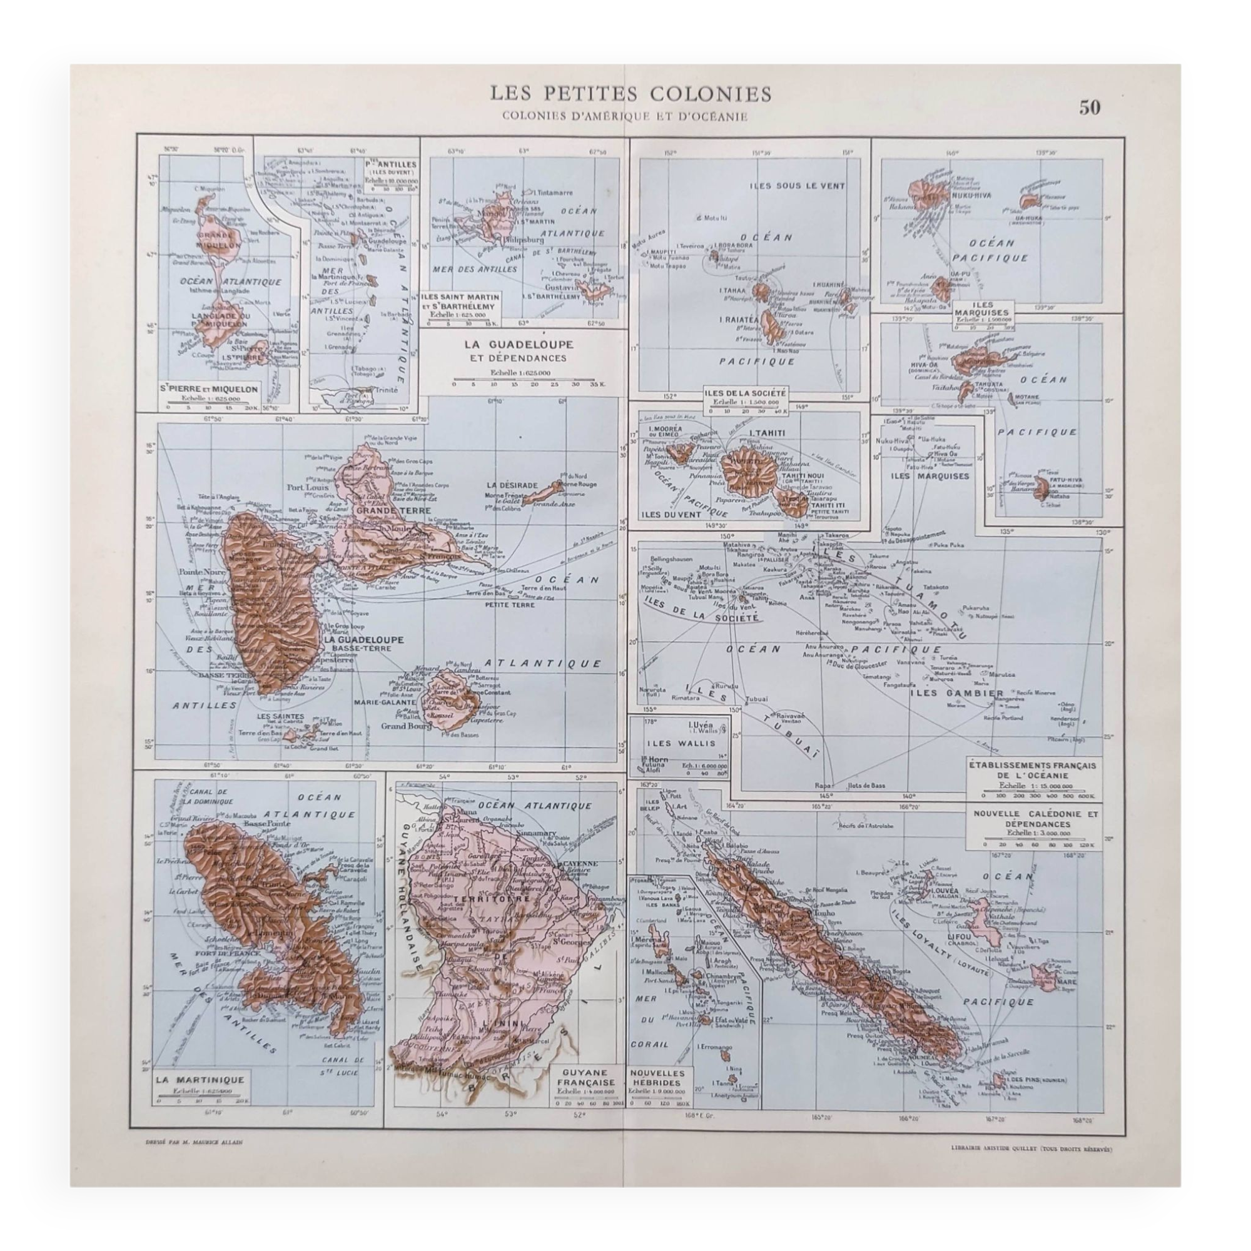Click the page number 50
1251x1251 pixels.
(1090, 108)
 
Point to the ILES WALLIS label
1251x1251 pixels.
(679, 742)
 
